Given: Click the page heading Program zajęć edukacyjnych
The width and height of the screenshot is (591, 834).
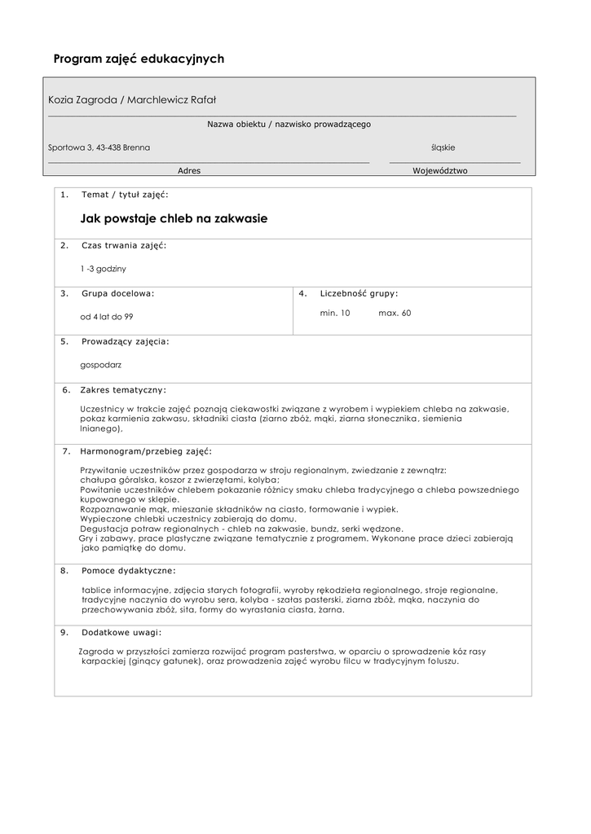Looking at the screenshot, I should point(139,59).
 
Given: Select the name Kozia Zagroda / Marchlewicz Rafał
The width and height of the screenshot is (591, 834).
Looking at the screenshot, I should point(137,99).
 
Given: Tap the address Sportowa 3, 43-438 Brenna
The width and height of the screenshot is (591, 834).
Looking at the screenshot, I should point(99,147).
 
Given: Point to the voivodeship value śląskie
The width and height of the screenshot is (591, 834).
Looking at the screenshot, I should point(443,147).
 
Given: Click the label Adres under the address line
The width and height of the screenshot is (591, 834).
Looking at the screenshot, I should point(189,171).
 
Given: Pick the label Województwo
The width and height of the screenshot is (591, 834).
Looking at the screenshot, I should point(440,171).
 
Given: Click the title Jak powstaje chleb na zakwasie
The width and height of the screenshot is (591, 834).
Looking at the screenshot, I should point(174,218).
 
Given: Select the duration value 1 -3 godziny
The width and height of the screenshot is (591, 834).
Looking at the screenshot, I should point(104,268).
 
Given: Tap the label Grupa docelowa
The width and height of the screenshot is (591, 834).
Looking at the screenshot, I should point(117,293).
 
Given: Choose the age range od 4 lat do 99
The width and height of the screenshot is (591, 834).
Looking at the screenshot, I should point(107,316).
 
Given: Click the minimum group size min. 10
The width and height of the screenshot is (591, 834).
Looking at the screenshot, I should point(335,313).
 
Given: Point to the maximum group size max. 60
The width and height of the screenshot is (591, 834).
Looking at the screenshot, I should point(395,313).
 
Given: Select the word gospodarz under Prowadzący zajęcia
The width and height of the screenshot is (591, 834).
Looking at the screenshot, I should point(101,365).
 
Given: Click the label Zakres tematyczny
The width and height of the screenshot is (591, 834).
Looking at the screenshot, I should point(123,390).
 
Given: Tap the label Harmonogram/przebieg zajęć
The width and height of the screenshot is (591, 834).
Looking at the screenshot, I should point(146,450).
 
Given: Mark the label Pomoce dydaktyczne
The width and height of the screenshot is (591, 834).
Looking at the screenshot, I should point(128,571).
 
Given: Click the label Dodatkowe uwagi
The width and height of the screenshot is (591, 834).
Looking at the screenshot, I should point(121,632).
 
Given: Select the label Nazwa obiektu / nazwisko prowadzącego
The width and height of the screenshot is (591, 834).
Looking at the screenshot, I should point(289,125).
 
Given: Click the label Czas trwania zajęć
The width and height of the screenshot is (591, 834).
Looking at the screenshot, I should point(124,245).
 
